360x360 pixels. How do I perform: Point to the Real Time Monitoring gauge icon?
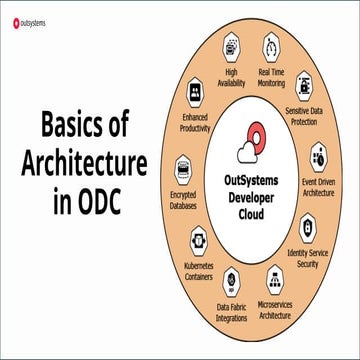[x=272, y=47]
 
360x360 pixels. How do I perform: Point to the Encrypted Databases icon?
[x=183, y=168]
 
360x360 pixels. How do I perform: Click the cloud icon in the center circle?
[x=246, y=150]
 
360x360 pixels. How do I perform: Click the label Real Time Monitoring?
[x=275, y=77]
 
